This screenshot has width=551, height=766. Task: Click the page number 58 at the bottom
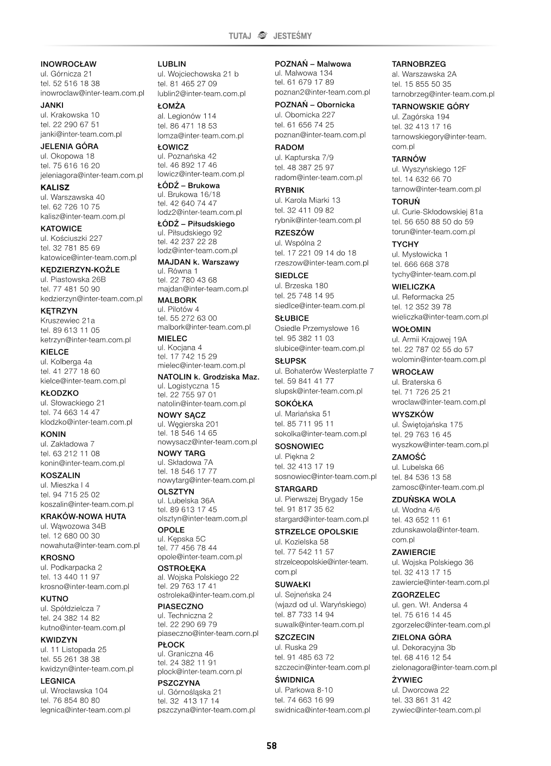click(x=271, y=746)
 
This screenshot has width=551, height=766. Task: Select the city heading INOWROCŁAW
click(x=68, y=64)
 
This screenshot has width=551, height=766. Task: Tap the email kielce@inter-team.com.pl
click(x=83, y=381)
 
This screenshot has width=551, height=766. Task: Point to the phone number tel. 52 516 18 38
click(x=70, y=84)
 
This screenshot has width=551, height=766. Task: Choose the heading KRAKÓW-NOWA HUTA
click(x=83, y=516)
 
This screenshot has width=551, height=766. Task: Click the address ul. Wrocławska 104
click(x=74, y=691)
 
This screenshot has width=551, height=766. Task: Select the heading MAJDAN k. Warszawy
click(x=198, y=262)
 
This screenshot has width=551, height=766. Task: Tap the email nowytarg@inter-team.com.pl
click(x=206, y=480)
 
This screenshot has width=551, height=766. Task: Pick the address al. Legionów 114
click(x=187, y=116)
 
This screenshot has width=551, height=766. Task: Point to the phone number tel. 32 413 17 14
click(x=188, y=700)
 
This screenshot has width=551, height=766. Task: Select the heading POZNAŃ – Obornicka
click(x=315, y=105)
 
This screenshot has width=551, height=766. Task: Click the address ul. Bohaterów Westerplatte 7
click(x=324, y=371)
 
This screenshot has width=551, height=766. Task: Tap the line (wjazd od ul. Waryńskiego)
click(x=320, y=604)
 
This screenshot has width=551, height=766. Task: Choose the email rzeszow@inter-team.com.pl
click(x=321, y=263)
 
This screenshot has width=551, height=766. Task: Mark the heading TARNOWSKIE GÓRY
click(x=430, y=106)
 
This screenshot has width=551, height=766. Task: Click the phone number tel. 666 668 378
click(x=420, y=264)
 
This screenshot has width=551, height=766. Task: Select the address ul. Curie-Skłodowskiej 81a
click(x=437, y=212)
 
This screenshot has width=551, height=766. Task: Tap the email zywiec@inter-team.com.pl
click(x=436, y=710)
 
